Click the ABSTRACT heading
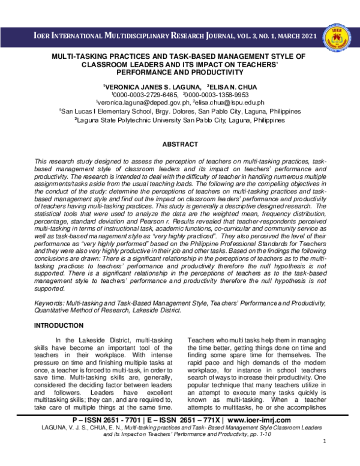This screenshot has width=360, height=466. coord(180,144)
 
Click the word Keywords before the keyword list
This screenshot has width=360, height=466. coord(49,304)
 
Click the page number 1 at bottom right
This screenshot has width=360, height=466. coord(323,459)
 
